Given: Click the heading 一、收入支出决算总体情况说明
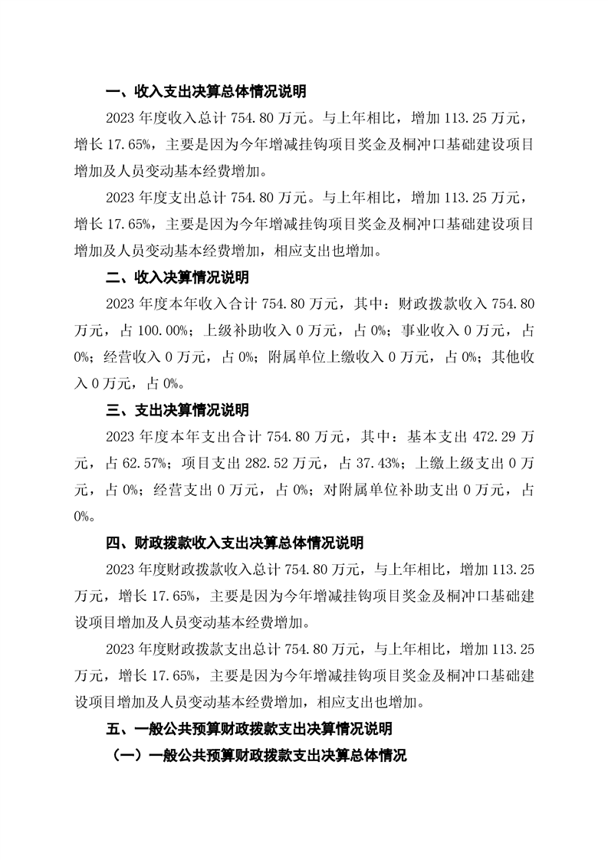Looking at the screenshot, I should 206,92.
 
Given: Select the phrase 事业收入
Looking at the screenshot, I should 433,330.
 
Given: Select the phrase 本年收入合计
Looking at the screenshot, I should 223,304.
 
